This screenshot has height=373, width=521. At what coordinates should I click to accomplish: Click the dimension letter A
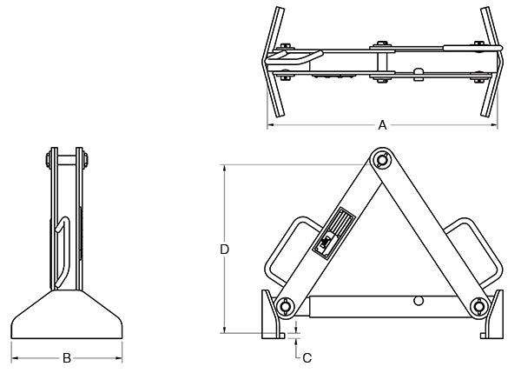point(382,125)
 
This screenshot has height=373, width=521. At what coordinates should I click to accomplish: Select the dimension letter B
point(68,356)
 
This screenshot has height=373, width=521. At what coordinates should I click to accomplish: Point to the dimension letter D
point(224,250)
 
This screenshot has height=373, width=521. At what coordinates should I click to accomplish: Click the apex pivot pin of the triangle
point(381,160)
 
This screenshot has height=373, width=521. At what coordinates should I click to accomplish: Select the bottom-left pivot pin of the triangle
point(284,306)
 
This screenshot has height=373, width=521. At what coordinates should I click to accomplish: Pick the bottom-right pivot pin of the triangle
point(478,305)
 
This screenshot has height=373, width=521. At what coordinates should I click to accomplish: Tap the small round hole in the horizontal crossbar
point(419,300)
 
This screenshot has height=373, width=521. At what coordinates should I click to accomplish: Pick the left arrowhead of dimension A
point(270,125)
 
